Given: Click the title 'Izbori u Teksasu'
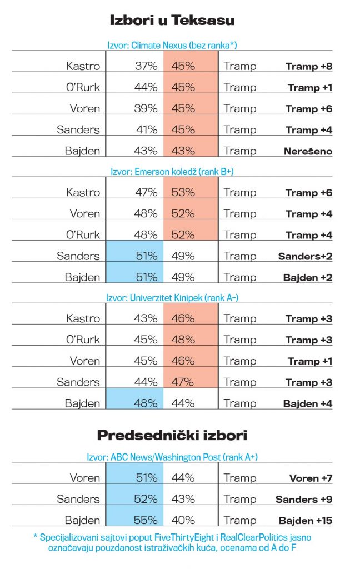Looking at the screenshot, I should click(173, 21).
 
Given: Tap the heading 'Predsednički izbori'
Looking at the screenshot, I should click(172, 436).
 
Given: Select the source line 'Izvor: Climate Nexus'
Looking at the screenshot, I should click(175, 45).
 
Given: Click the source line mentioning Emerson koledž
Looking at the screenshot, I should click(175, 172).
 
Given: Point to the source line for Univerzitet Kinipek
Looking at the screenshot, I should click(175, 298).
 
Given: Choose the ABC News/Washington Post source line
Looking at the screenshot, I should click(175, 457).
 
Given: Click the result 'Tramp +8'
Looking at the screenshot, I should click(309, 67).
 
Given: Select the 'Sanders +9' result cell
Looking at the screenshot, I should click(304, 500).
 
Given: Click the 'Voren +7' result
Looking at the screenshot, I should click(311, 478).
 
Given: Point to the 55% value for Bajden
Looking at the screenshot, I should click(146, 521).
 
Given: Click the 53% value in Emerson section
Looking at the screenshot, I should click(183, 193).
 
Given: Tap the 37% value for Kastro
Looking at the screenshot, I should click(146, 67).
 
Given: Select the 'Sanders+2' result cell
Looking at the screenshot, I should click(305, 256).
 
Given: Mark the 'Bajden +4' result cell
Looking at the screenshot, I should click(308, 404).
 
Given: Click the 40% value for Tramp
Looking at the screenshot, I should click(183, 521).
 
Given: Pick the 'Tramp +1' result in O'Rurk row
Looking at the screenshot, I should click(310, 88).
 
